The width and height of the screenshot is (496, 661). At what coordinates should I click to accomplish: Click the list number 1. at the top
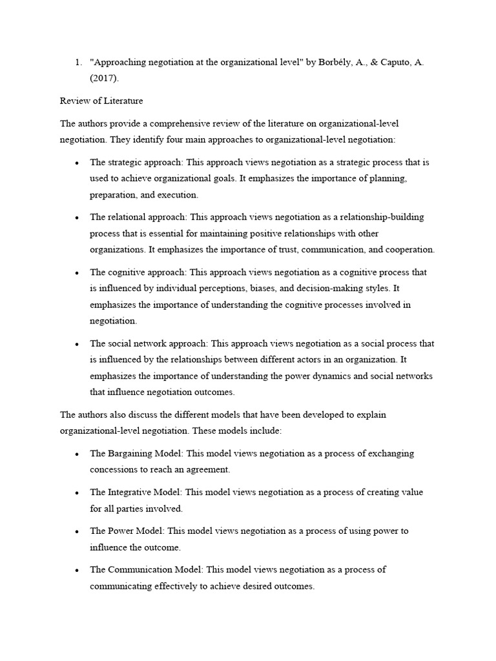click(78, 62)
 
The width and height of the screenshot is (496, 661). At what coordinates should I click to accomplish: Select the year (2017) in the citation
click(105, 79)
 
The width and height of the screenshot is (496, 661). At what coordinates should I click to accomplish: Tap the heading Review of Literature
click(101, 101)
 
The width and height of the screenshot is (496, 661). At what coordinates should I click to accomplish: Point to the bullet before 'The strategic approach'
click(77, 162)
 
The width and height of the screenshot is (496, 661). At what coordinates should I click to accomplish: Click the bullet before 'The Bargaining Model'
click(77, 454)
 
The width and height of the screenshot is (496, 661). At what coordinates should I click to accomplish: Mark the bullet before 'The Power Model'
click(77, 531)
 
